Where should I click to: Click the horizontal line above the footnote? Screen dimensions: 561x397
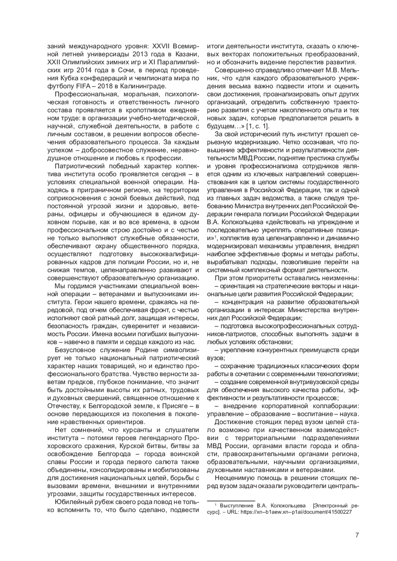pos(231,501)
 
